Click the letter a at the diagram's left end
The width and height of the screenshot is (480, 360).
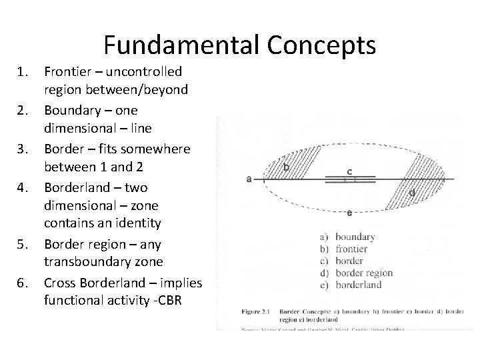(249, 178)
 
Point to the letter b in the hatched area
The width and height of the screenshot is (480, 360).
(286, 167)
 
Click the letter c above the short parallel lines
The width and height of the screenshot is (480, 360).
(350, 171)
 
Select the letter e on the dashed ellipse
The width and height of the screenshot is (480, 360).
(349, 213)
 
